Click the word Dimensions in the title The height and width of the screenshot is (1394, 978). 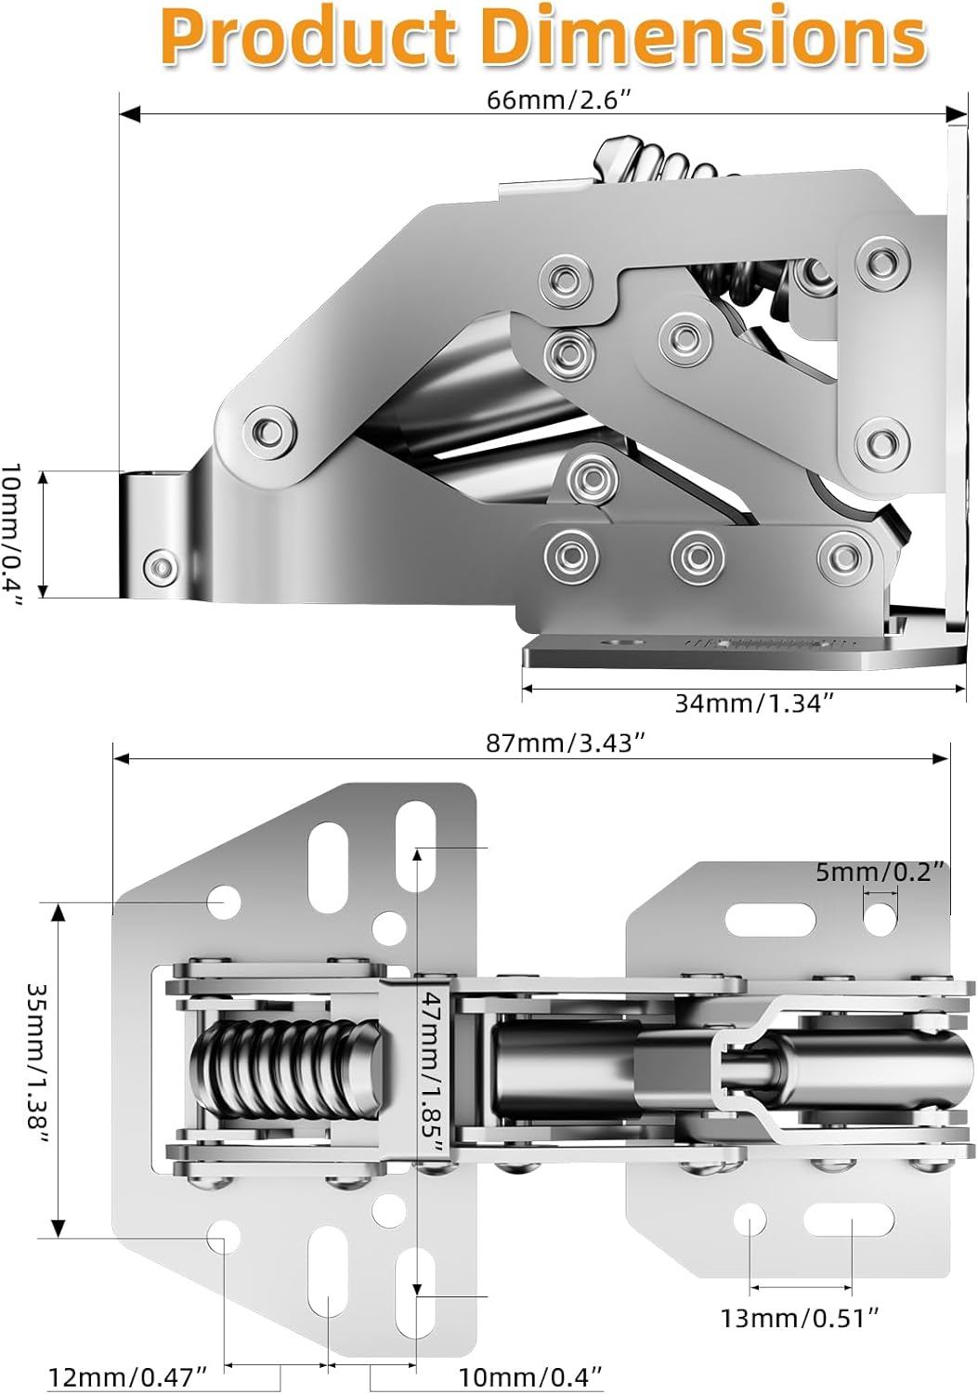click(x=706, y=37)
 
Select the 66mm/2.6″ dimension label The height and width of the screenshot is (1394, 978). click(x=559, y=100)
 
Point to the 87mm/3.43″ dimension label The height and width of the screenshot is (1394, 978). click(x=565, y=743)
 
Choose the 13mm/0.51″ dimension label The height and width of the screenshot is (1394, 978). click(x=800, y=1318)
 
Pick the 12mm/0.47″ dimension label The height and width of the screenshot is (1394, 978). click(x=127, y=1376)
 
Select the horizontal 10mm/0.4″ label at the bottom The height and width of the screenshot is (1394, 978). click(x=530, y=1376)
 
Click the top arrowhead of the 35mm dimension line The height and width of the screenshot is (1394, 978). click(x=59, y=913)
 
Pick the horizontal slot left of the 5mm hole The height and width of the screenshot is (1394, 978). click(x=770, y=920)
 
